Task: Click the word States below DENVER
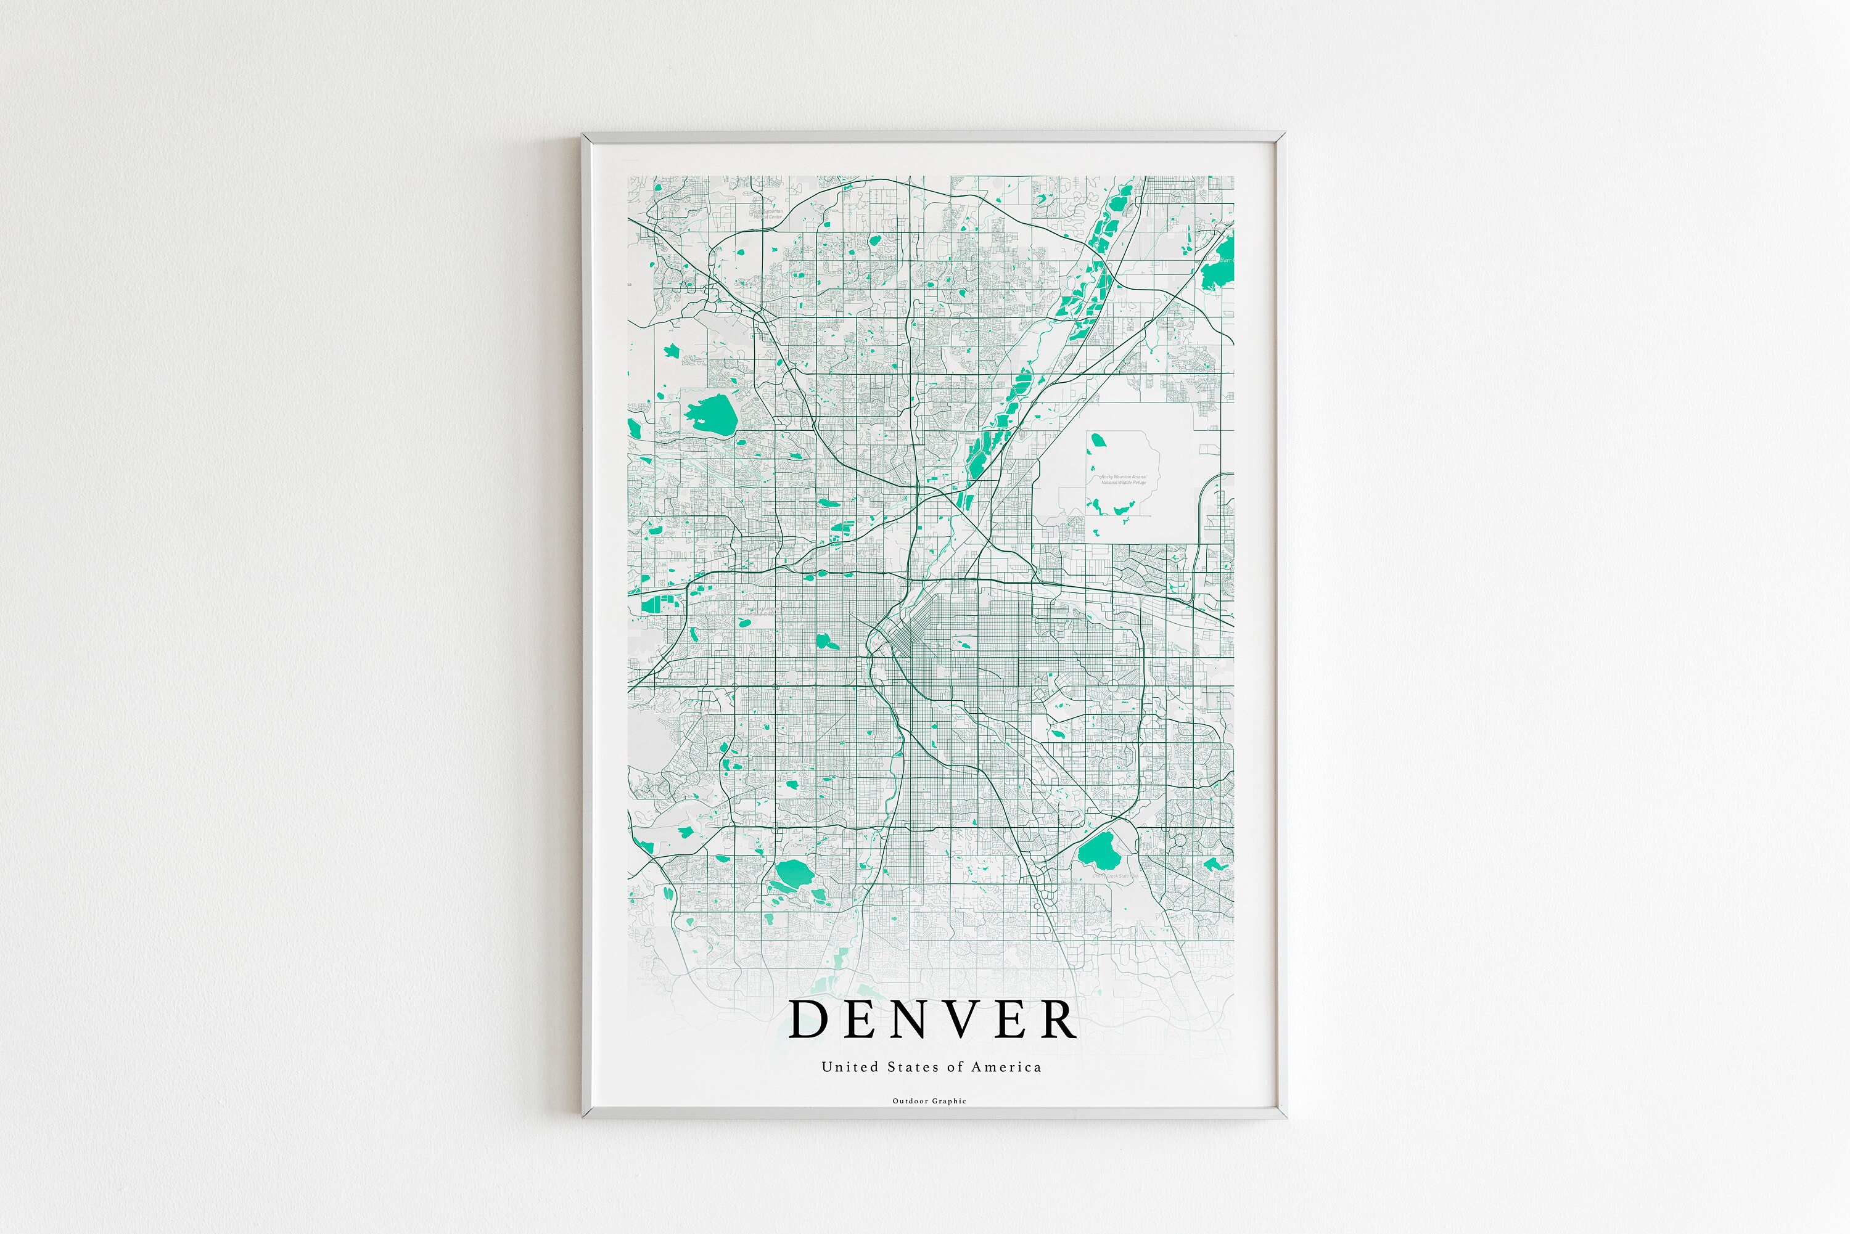click(x=914, y=1067)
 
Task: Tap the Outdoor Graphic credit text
click(x=929, y=1101)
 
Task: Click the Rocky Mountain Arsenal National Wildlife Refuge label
click(x=1124, y=480)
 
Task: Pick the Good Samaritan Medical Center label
click(x=768, y=213)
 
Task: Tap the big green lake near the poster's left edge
click(x=711, y=413)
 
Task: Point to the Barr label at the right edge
click(x=1225, y=259)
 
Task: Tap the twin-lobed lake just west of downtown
click(x=824, y=640)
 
